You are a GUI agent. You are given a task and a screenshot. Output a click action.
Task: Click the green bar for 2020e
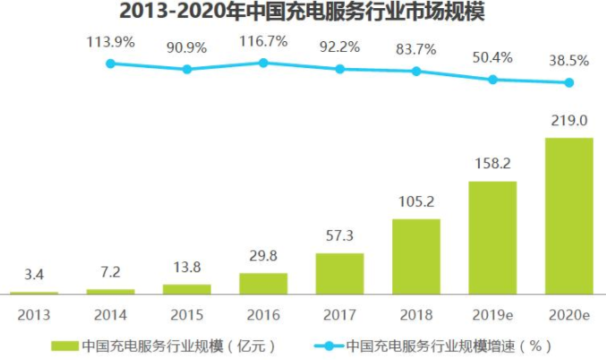pos(568,216)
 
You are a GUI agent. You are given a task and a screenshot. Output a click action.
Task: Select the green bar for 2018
pos(416,256)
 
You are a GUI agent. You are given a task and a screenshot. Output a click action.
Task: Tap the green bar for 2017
pos(339,273)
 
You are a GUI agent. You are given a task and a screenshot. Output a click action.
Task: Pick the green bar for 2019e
pos(492,237)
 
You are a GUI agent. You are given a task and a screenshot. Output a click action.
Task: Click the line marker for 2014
pos(111,64)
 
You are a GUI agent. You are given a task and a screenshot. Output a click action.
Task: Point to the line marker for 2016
pos(263,63)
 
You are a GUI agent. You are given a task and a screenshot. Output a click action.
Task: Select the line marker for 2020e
pos(568,83)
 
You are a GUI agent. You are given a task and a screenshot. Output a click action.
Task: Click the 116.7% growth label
pos(263,41)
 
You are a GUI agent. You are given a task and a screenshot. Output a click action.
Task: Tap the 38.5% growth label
pos(569,60)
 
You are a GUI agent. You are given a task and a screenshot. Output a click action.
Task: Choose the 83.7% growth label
pos(416,48)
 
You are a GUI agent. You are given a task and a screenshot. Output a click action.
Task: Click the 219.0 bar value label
pos(569,121)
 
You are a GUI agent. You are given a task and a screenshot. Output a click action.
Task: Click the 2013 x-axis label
pos(35,314)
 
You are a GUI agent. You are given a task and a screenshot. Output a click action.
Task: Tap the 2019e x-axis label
pos(492,314)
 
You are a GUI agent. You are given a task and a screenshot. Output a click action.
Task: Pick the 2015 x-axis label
pos(187,314)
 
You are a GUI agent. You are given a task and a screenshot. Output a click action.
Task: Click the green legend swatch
pos(64,345)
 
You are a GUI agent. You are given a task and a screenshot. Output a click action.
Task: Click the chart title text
pos(303,13)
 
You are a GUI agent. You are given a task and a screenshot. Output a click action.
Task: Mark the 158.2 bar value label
pos(492,165)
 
